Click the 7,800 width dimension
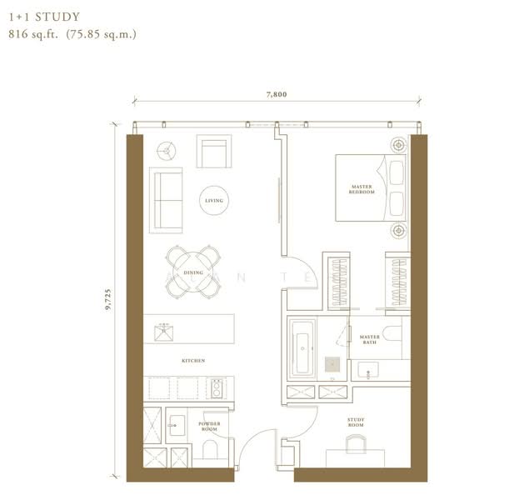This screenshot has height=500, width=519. pyautogui.click(x=276, y=95)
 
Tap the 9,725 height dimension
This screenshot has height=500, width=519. pyautogui.click(x=108, y=295)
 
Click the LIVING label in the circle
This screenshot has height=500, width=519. pyautogui.click(x=214, y=201)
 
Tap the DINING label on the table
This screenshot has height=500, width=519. pyautogui.click(x=193, y=272)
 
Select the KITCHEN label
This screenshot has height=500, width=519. pyautogui.click(x=193, y=361)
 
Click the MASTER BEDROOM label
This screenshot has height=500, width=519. pyautogui.click(x=362, y=190)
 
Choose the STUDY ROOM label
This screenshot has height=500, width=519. pyautogui.click(x=356, y=424)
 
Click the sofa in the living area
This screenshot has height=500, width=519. pyautogui.click(x=166, y=200)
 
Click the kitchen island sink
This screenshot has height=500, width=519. pyautogui.click(x=163, y=332)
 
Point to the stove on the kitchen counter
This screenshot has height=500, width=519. pyautogui.click(x=217, y=388)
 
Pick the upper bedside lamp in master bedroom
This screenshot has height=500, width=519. pyautogui.click(x=398, y=144)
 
